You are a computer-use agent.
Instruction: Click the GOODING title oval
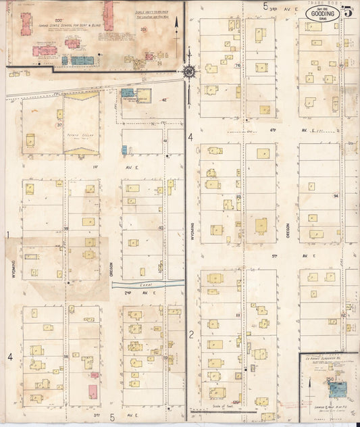coord(323,13)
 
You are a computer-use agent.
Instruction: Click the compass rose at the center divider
coord(188,70)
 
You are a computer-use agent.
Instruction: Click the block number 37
coord(59,125)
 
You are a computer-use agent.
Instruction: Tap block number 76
coord(238,66)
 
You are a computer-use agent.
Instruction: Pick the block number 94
coord(336,195)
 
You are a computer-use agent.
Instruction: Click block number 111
coord(238,314)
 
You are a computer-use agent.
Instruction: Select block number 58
coord(66,356)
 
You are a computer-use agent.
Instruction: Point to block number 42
coord(164,99)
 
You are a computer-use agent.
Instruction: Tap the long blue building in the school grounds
coord(82,60)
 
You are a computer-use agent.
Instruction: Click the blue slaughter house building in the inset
coord(337,389)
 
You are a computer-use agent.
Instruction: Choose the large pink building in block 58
coord(92,391)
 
